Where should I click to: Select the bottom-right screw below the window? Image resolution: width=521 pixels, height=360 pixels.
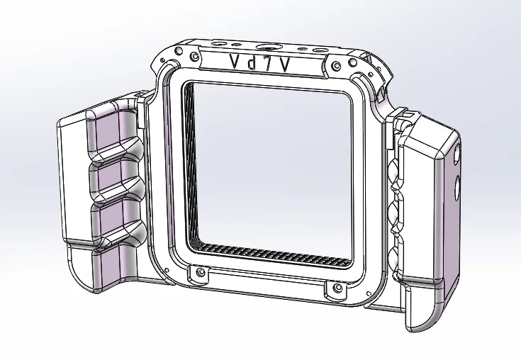click(336, 287)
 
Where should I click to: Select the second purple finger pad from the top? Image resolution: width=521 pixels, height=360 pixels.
click(106, 179)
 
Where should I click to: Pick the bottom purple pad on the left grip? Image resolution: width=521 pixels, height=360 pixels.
click(106, 276)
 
